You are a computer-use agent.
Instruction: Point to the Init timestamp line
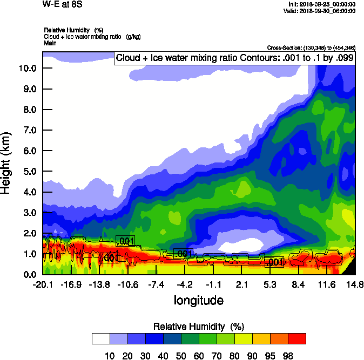322,4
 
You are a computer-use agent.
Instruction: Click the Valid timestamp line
322,11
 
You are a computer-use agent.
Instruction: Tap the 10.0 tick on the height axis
28,68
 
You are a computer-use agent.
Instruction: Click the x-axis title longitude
198,300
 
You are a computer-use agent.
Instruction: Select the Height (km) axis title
7,163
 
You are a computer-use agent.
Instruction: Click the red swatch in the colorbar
296,339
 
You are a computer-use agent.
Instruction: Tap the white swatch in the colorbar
101,339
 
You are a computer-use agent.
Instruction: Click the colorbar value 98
288,356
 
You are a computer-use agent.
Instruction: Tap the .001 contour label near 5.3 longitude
274,262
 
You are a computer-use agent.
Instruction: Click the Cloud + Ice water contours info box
234,58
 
